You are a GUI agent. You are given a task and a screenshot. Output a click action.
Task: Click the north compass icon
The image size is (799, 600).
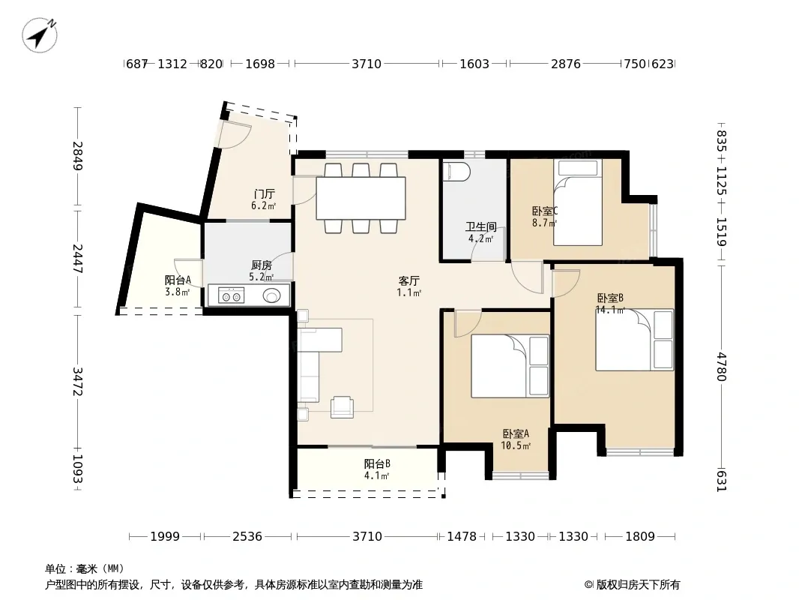tap(39, 34)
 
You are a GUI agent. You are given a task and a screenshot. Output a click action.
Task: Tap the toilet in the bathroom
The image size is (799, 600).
tap(456, 172)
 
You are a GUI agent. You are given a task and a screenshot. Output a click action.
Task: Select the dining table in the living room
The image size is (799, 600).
tap(361, 198)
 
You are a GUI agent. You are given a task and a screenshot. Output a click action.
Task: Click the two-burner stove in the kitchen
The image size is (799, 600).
tap(231, 295)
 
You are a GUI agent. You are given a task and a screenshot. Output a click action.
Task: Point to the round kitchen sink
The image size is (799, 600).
tap(271, 295)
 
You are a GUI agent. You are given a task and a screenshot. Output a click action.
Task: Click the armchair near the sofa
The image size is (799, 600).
tap(342, 406)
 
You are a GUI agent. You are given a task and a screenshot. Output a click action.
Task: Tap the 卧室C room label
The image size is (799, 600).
tap(545, 211)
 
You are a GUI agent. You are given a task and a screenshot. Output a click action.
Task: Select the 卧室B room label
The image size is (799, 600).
tap(610, 298)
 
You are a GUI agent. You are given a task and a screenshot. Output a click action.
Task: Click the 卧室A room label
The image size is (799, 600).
tap(516, 433)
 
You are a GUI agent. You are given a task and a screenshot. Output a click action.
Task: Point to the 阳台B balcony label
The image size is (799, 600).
tap(377, 464)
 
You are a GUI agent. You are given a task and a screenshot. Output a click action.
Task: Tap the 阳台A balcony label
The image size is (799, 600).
tap(178, 280)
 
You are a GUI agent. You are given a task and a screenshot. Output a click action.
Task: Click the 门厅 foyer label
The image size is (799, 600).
tap(264, 193)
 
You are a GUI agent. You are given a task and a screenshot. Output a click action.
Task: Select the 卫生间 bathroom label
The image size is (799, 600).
tap(480, 226)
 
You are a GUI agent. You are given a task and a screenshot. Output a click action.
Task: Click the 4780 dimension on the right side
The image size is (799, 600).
tap(721, 367)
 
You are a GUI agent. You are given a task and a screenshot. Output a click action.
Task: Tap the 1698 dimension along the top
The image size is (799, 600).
tap(260, 64)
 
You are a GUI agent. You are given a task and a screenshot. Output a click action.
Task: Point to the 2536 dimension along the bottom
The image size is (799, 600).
tap(247, 536)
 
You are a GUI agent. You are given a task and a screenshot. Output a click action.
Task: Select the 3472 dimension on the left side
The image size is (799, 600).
tap(77, 381)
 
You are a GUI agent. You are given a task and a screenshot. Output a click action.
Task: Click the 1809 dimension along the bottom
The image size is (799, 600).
tap(640, 536)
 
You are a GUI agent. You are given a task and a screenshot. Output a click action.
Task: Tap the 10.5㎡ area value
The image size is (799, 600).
tap(516, 446)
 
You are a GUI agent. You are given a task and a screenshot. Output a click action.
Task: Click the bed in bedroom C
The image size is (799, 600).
tap(578, 202)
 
